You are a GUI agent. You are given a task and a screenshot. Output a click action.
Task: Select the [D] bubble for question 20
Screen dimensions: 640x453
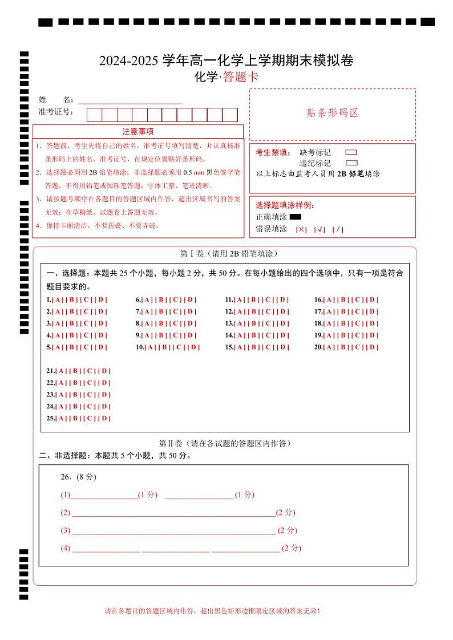[373, 347]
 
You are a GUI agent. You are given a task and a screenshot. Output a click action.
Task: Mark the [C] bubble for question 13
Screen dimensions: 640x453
[268, 324]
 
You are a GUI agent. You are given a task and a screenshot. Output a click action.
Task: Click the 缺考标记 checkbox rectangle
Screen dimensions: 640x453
[351, 152]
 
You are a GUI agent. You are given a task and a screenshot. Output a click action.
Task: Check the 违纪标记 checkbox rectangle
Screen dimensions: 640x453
[351, 163]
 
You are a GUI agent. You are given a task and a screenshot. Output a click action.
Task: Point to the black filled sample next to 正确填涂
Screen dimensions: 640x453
[295, 217]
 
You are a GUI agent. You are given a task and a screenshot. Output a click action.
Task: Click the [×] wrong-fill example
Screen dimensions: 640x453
[301, 229]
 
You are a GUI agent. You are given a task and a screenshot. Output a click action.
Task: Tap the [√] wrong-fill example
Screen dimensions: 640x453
[319, 229]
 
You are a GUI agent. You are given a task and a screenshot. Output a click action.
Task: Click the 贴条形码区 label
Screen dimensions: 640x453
[333, 113]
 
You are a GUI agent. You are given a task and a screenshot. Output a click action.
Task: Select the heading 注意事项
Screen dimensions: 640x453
[137, 132]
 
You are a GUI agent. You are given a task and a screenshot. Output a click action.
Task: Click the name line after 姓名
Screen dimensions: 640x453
[130, 101]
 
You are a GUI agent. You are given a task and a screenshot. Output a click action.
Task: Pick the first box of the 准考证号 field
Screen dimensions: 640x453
[94, 115]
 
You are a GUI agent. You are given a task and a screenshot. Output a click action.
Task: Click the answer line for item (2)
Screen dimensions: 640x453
[173, 513]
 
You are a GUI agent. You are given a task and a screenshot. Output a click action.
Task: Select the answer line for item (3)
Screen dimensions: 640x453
[173, 531]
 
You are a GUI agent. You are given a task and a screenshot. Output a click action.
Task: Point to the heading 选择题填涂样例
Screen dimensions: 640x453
[285, 205]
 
